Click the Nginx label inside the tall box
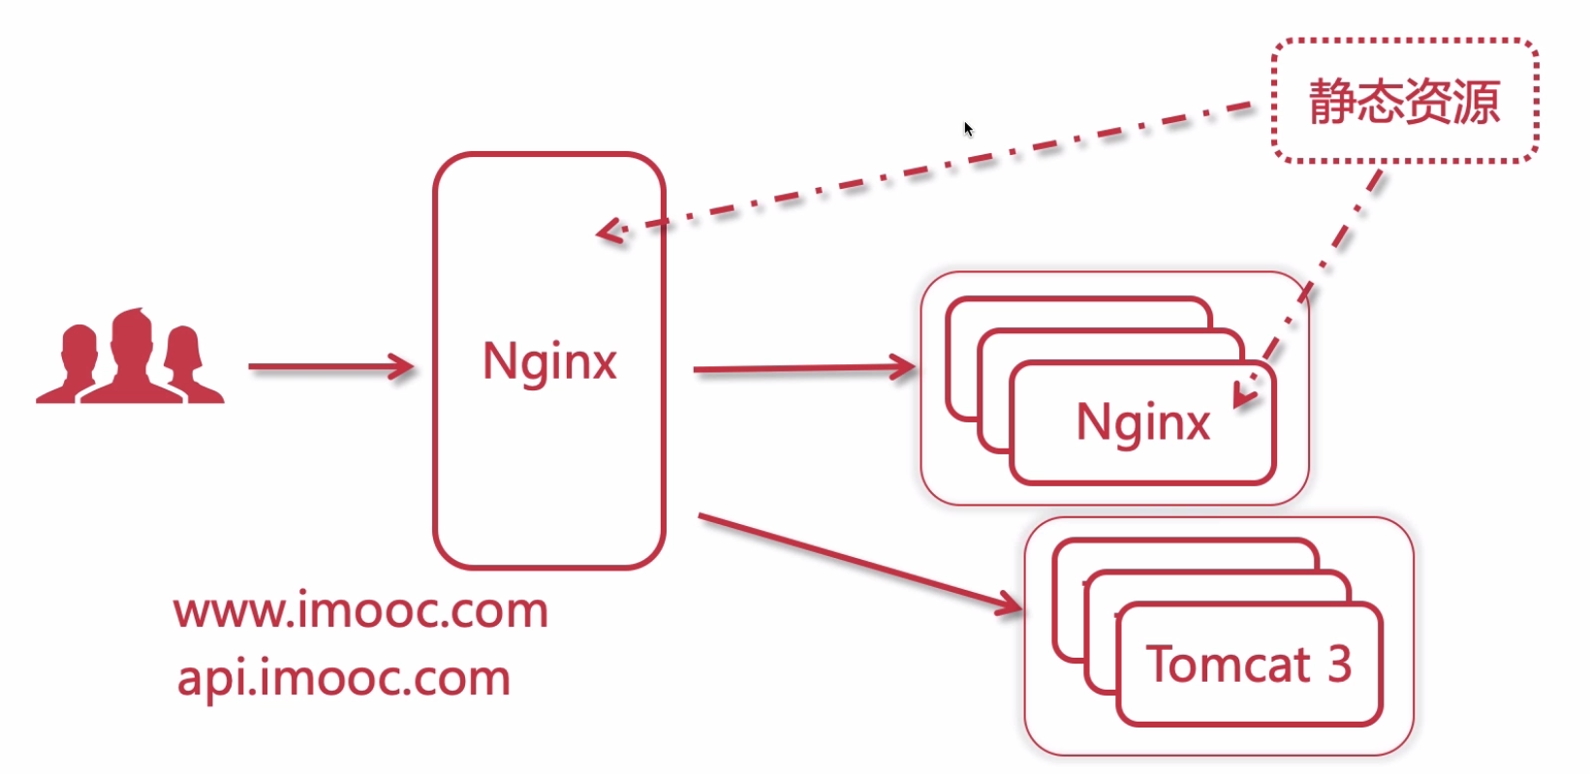549,362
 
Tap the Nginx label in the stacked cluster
1143,423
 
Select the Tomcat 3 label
1249,665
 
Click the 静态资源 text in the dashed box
1404,102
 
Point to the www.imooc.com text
361,610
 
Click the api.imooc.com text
344,677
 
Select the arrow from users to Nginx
329,367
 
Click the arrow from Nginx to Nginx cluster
804,368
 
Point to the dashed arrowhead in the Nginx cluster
1247,392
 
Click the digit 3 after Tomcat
1339,665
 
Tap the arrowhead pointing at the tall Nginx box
402,367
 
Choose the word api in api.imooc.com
209,679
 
